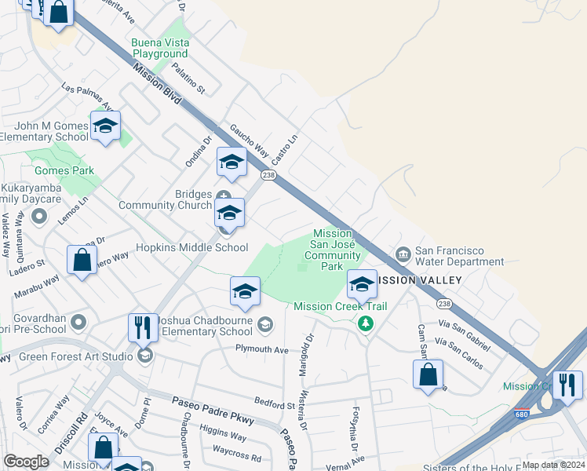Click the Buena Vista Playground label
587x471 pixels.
click(x=160, y=48)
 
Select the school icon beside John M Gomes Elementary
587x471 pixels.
click(x=105, y=126)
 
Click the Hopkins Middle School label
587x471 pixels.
click(x=192, y=247)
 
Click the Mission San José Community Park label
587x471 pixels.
click(x=332, y=250)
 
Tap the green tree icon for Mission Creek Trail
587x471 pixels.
click(x=364, y=322)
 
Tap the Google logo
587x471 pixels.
click(x=27, y=462)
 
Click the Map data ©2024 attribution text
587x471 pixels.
click(x=553, y=465)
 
